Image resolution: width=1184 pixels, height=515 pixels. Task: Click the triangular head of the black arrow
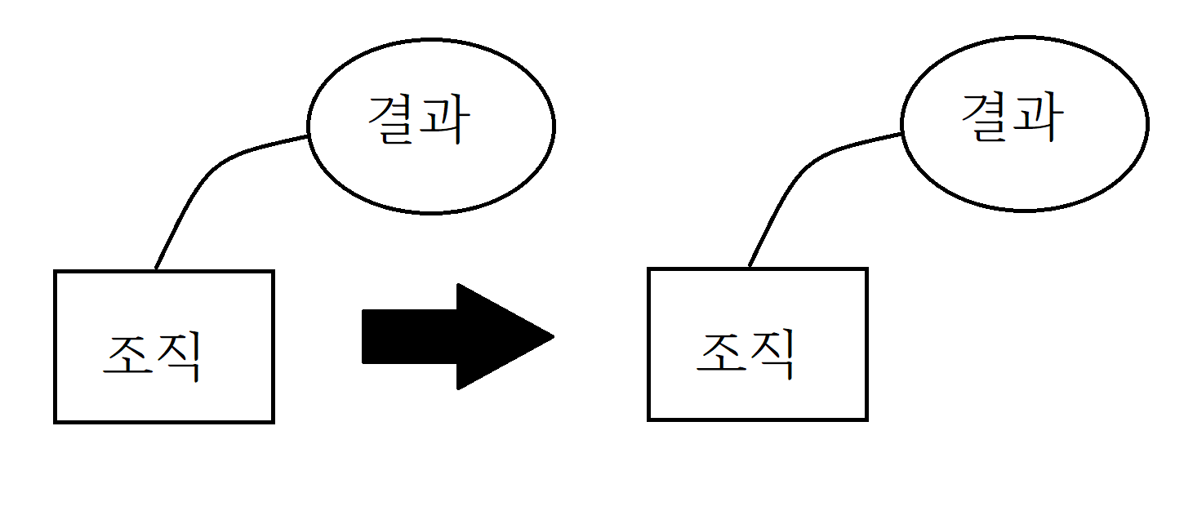pos(498,336)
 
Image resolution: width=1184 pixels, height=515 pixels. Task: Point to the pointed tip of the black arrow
pos(553,336)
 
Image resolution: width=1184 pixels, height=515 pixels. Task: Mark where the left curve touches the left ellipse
pos(309,136)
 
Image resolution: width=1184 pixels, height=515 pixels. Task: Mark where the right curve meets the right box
pos(749,268)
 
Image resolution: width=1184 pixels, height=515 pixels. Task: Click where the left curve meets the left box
pos(155,270)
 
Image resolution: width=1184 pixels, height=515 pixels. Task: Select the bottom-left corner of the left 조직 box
pos(56,421)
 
